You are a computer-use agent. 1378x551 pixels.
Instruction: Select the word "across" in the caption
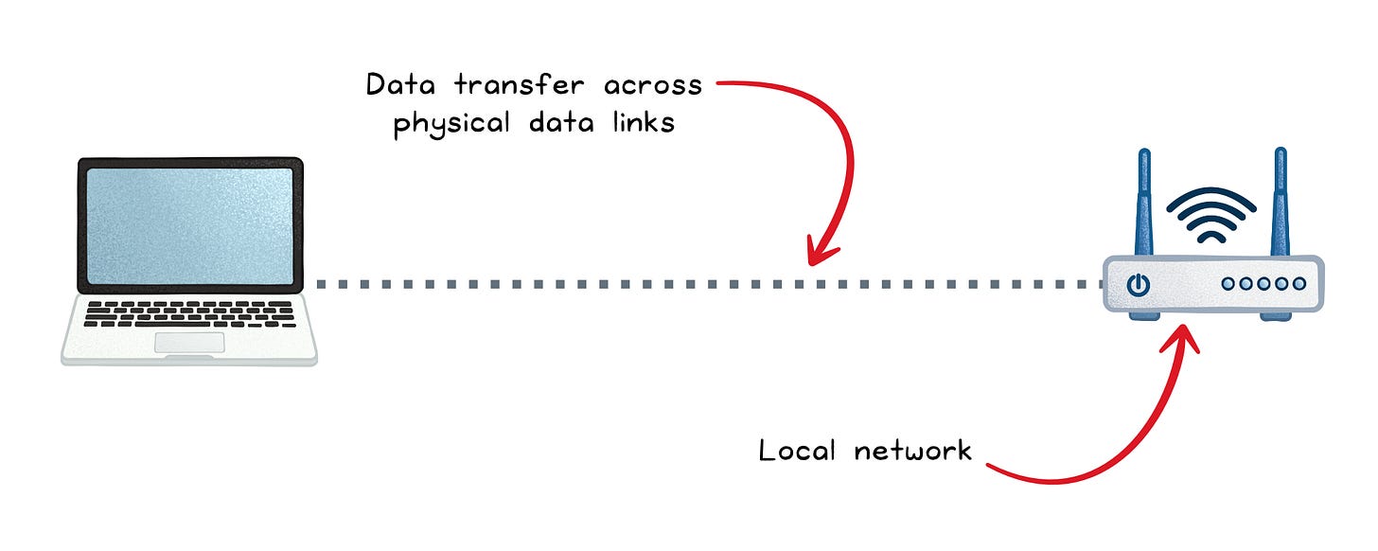point(654,86)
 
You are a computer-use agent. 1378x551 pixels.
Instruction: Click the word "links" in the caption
point(643,123)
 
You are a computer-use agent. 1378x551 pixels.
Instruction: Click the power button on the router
point(1139,283)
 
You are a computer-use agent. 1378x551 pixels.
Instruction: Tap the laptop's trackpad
point(189,343)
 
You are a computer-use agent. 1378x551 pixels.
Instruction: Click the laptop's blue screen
point(189,224)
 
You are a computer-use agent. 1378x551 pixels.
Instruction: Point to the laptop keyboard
point(189,314)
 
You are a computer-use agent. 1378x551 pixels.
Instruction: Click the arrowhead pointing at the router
point(1186,333)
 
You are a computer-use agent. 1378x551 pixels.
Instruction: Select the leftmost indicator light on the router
point(1228,283)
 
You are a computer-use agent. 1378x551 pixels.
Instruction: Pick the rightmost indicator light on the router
point(1298,283)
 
